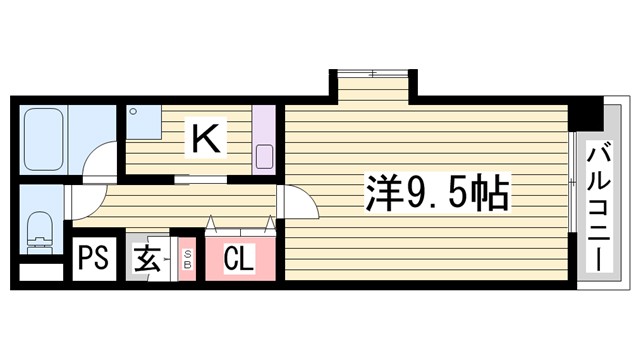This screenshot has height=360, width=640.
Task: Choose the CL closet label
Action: pyautogui.click(x=238, y=259)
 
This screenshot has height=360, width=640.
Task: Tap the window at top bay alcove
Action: pyautogui.click(x=372, y=73)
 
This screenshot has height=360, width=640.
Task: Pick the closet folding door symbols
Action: pyautogui.click(x=240, y=221)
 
